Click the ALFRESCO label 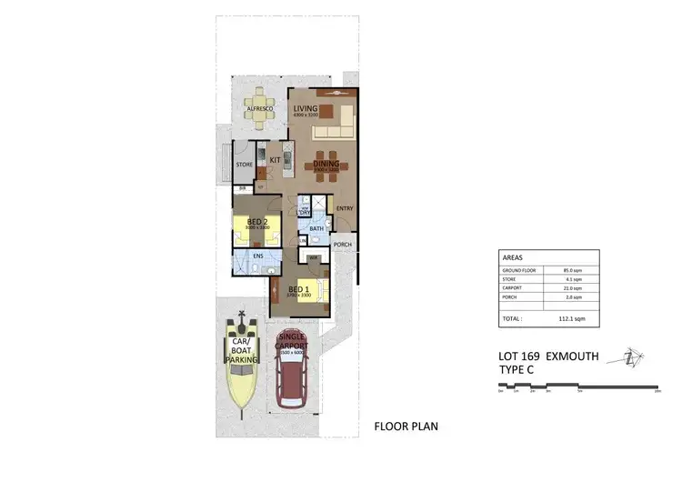coord(261,109)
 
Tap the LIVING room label coord(305,109)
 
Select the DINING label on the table coord(326,165)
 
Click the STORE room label coord(244,166)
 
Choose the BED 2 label coord(257,222)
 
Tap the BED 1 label coord(299,290)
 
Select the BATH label coord(316,229)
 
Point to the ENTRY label coord(345,208)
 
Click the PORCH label coord(343,245)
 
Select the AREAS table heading coord(513,258)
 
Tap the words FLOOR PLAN coord(407,426)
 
